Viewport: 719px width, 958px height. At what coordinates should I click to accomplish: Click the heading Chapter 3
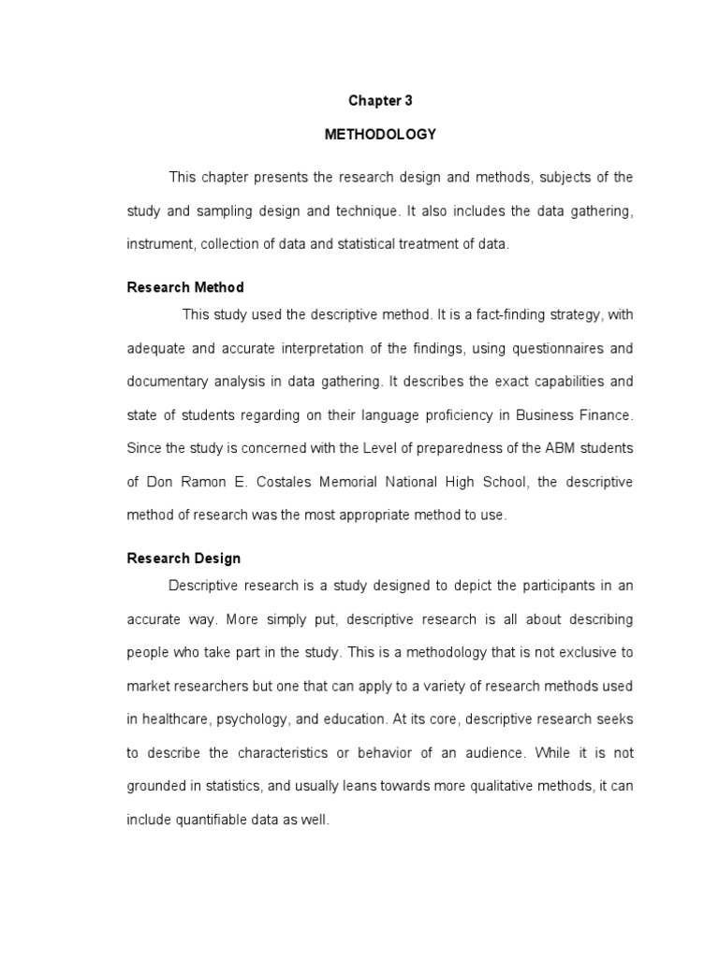pos(380,101)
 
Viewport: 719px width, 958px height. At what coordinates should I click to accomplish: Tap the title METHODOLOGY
pos(380,134)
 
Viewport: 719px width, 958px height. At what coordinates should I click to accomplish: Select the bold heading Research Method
pos(185,287)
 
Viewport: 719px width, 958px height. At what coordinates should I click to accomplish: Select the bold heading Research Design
pos(183,559)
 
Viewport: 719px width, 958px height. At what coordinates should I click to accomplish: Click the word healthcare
pos(178,719)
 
